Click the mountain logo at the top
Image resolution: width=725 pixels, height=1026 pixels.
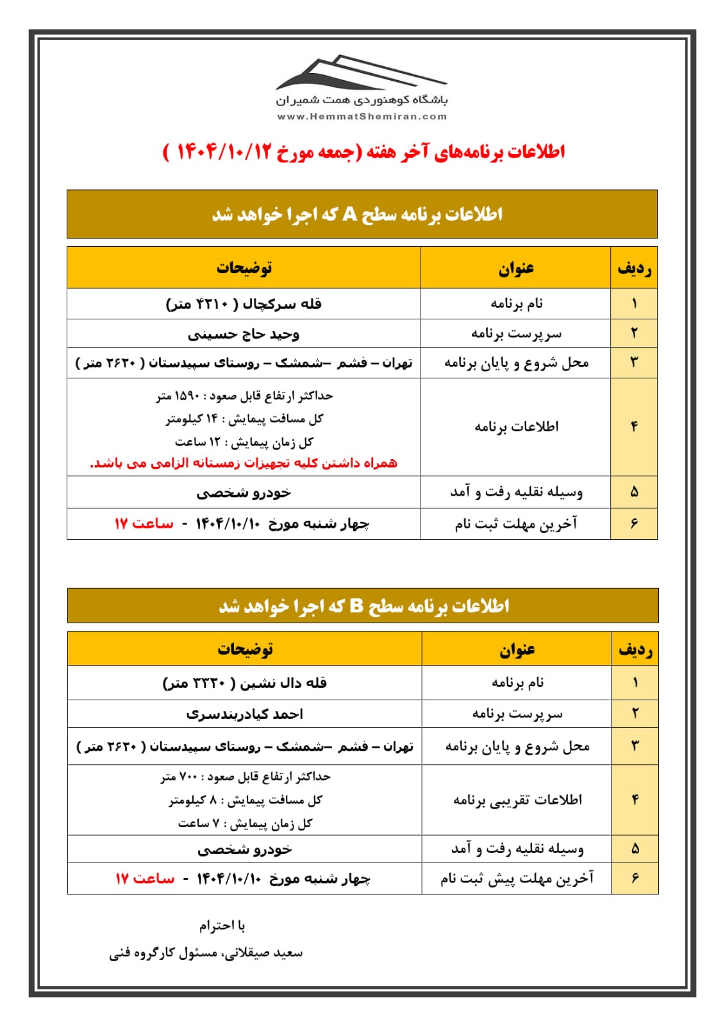[x=361, y=72]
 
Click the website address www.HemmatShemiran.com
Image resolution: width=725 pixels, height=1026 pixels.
[x=362, y=117]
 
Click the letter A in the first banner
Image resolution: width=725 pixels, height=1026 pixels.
[x=349, y=214]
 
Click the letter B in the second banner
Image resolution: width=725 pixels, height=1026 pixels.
[x=356, y=605]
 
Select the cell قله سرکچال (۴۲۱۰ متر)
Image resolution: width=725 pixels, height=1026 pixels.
[x=244, y=303]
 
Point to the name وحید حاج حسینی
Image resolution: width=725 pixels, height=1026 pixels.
[x=244, y=334]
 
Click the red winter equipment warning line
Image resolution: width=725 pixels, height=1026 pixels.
[x=244, y=462]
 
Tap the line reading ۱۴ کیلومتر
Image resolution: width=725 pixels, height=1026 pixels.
[x=244, y=419]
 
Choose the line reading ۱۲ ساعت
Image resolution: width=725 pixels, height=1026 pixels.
[x=244, y=442]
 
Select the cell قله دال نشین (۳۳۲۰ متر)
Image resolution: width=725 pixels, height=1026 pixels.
[x=244, y=682]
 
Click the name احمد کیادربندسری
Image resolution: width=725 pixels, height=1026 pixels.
[x=244, y=714]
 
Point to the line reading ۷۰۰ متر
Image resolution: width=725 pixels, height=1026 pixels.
[x=245, y=777]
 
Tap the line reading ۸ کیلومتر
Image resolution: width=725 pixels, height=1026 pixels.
[x=245, y=800]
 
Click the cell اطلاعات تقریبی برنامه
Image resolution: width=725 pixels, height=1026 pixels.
[x=517, y=800]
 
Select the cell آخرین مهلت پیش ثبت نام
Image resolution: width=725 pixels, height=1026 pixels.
[x=517, y=878]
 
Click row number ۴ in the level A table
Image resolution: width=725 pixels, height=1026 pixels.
[x=634, y=426]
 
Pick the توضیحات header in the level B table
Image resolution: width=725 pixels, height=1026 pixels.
[x=245, y=649]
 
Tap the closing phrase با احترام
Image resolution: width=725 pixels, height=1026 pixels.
[x=222, y=925]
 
